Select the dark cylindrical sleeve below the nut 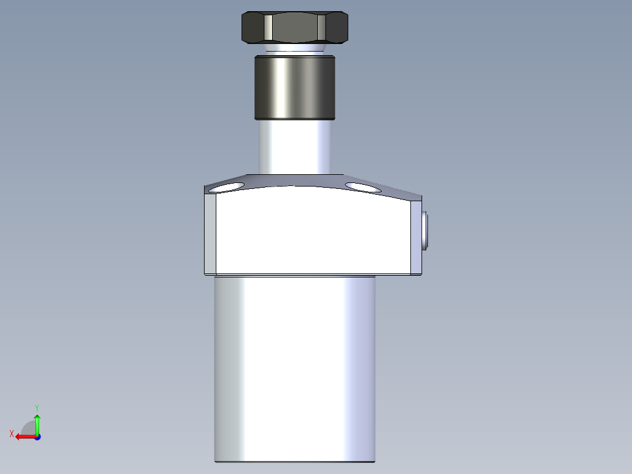click(294, 87)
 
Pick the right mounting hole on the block click(362, 187)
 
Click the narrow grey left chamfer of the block click(210, 235)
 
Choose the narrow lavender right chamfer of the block click(415, 238)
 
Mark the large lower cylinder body click(295, 370)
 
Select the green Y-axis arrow click(37, 424)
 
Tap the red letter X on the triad click(12, 434)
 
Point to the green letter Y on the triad click(37, 407)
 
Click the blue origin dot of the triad click(37, 437)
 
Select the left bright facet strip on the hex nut click(267, 28)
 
